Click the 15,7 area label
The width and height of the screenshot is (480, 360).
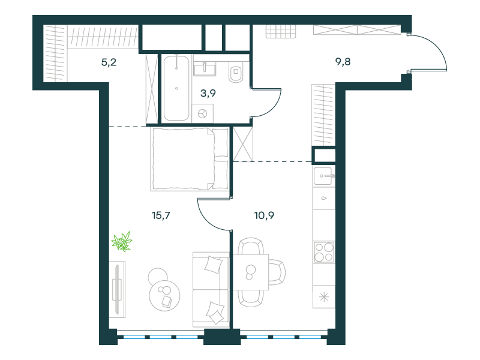click(x=161, y=215)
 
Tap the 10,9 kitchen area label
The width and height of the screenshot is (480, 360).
click(x=264, y=215)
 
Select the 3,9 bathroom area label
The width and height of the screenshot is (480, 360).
click(x=208, y=93)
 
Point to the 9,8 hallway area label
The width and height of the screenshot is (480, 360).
click(x=343, y=62)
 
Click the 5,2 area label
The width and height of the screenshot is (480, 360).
click(x=109, y=62)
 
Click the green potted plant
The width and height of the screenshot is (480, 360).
click(x=122, y=242)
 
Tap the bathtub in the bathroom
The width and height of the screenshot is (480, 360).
click(x=176, y=88)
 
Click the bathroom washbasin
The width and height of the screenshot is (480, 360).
click(x=205, y=68)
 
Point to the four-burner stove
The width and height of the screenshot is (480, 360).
click(x=324, y=252)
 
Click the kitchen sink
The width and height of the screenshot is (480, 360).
click(x=324, y=176)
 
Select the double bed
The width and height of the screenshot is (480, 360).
click(x=190, y=159)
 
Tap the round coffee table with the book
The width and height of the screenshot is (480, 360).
click(x=164, y=296)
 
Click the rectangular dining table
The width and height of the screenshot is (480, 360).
click(x=251, y=272)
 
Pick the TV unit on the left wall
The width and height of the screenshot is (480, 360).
click(x=117, y=290)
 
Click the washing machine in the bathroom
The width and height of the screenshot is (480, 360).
click(x=203, y=113)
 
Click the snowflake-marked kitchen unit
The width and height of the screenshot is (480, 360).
click(x=324, y=297)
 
